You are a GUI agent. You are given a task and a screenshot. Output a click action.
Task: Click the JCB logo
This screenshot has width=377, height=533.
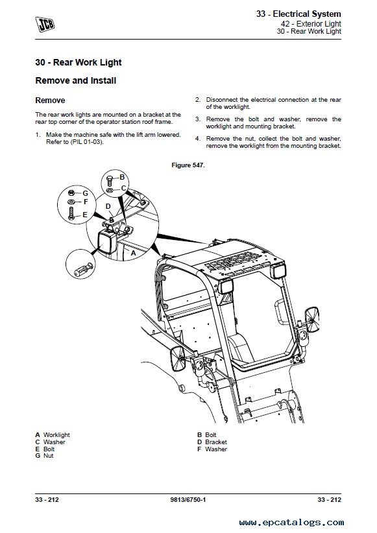[45, 24]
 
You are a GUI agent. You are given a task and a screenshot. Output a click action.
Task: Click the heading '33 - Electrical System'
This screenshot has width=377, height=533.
[298, 14]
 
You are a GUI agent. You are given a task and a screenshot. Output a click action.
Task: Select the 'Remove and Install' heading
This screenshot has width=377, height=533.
[76, 80]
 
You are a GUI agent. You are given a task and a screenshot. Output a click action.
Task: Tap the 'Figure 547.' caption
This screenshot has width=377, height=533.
[188, 165]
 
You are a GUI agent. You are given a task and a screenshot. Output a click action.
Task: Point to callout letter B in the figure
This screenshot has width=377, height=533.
[122, 177]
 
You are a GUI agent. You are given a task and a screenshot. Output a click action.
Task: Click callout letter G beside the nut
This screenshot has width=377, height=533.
[85, 193]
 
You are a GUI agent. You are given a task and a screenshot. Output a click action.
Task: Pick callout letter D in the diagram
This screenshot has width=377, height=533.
[108, 206]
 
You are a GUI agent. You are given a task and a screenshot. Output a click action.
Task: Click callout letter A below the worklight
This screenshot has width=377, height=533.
[134, 253]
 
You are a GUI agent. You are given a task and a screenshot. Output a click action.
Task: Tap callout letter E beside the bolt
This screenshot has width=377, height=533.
[85, 215]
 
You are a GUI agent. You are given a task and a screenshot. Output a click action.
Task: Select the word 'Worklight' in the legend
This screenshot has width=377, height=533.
[56, 434]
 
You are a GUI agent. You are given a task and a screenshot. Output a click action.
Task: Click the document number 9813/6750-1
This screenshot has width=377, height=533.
[188, 499]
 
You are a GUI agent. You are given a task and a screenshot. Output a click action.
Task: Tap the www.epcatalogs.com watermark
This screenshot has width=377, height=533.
[291, 523]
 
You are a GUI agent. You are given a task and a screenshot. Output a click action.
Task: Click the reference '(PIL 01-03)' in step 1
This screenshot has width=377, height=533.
[86, 142]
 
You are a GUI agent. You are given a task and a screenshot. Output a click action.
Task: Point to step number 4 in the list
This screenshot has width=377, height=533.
[198, 139]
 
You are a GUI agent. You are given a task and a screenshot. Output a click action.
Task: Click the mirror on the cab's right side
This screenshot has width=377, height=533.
[312, 320]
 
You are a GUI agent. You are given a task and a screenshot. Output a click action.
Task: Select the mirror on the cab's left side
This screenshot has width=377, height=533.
[178, 359]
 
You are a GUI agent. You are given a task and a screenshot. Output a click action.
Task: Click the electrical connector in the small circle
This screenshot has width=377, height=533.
[84, 270]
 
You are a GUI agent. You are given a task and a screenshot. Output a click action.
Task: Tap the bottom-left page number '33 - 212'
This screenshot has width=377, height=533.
[47, 499]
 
